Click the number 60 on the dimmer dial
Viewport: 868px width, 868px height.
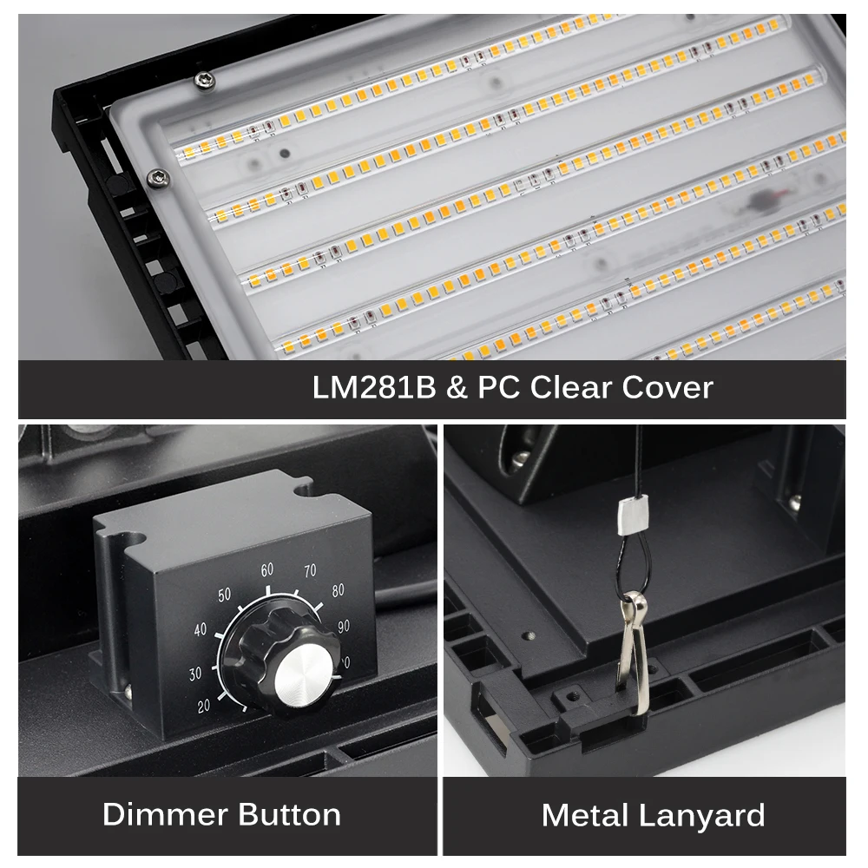tap(266, 570)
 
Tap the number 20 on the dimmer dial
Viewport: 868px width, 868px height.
tap(204, 706)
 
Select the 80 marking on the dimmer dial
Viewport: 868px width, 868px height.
tap(337, 590)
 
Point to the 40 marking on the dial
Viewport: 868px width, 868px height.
tap(201, 629)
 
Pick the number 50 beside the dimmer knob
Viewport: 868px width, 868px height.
tap(224, 595)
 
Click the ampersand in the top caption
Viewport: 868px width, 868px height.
tap(456, 387)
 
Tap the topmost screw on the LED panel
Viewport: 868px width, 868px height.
tap(203, 80)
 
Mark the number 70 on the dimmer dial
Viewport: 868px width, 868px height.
tap(309, 572)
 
